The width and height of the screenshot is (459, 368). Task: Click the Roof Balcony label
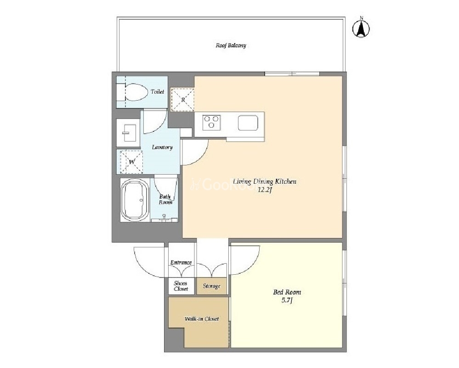coord(231,45)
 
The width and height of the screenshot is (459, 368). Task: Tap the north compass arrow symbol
coord(361,28)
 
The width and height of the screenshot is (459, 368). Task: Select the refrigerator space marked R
coord(183,100)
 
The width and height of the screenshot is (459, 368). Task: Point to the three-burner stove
coord(211,122)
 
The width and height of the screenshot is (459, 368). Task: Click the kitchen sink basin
coord(248,122)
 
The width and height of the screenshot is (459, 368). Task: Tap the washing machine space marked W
coord(131,162)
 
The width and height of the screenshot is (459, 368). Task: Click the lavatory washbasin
coord(128,133)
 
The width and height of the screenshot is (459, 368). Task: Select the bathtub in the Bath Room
coord(135,200)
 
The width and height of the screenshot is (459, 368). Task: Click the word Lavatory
coord(162,147)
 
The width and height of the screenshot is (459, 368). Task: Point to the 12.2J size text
coord(265,190)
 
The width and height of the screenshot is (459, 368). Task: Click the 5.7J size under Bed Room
coord(287,300)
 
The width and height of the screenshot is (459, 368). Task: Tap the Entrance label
coord(181,263)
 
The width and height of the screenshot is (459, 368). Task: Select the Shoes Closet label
coord(181,286)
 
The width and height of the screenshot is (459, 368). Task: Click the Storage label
coord(211,286)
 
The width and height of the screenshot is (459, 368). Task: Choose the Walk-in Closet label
coord(202,319)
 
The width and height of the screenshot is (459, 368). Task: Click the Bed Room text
coord(287,292)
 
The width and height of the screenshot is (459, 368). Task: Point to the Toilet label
coord(158,91)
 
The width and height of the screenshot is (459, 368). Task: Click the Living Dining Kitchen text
coord(264,182)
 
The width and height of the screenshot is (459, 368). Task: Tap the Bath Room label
coord(165,199)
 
